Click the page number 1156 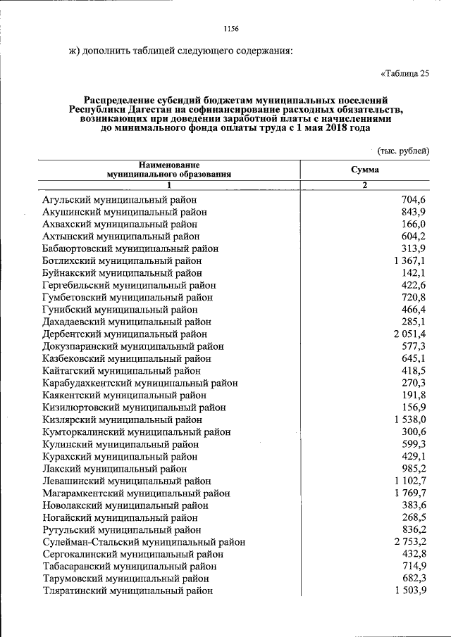click(x=231, y=29)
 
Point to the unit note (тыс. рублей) click(x=403, y=151)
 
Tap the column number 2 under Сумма click(x=364, y=185)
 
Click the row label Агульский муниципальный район click(x=119, y=200)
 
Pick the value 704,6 click(x=414, y=200)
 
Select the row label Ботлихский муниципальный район click(x=122, y=260)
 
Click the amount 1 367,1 click(x=410, y=260)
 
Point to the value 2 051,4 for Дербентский click(x=410, y=334)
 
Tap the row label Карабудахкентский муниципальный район click(x=140, y=383)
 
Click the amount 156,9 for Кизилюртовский click(x=414, y=408)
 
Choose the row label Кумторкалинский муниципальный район click(x=136, y=432)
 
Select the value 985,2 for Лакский click(x=414, y=469)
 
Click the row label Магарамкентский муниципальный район click(x=135, y=493)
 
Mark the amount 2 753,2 click(x=410, y=542)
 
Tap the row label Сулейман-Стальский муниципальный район click(x=144, y=542)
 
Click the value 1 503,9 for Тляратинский click(x=410, y=591)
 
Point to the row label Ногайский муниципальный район click(x=121, y=517)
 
